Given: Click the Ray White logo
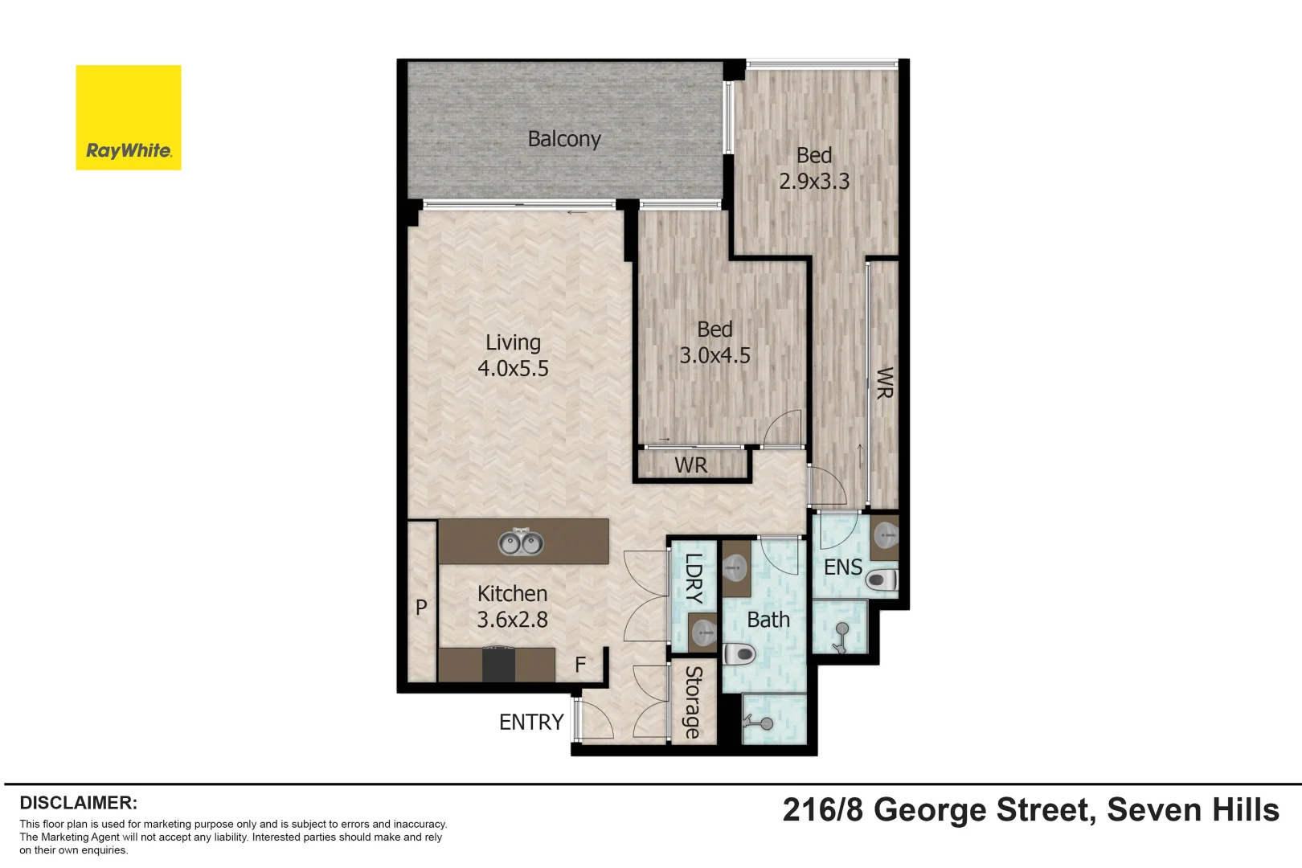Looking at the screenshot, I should click(x=129, y=117).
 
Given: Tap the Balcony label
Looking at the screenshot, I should click(x=564, y=139).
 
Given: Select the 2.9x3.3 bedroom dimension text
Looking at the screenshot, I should click(x=813, y=182).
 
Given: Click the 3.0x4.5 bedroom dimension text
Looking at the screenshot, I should click(x=714, y=355).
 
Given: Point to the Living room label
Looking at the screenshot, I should click(x=513, y=342).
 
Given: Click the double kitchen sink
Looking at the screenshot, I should click(x=520, y=542).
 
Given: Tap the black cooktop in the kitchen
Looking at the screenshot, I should click(x=498, y=665).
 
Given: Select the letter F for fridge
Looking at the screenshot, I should click(x=580, y=665).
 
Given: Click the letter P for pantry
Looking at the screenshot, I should click(x=421, y=608).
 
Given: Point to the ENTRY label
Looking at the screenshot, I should click(x=531, y=723).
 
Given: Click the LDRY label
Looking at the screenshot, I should click(x=694, y=579).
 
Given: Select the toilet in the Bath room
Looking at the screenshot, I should click(x=740, y=654).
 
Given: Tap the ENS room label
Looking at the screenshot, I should click(x=842, y=567).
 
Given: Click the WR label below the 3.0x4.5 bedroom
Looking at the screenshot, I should click(x=690, y=465).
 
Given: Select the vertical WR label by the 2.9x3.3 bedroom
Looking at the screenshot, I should click(x=884, y=383).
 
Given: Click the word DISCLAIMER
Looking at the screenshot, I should click(x=78, y=803).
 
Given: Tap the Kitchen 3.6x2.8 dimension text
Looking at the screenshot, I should click(x=512, y=620).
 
